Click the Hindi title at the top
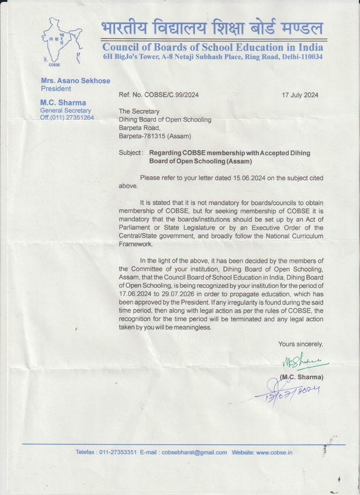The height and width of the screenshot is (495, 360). pyautogui.click(x=212, y=27)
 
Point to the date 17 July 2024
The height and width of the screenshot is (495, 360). pyautogui.click(x=300, y=95)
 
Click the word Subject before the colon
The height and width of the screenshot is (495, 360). pyautogui.click(x=130, y=153)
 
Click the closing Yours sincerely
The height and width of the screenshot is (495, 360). pyautogui.click(x=300, y=344)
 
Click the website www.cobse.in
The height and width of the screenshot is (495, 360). pyautogui.click(x=274, y=452)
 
